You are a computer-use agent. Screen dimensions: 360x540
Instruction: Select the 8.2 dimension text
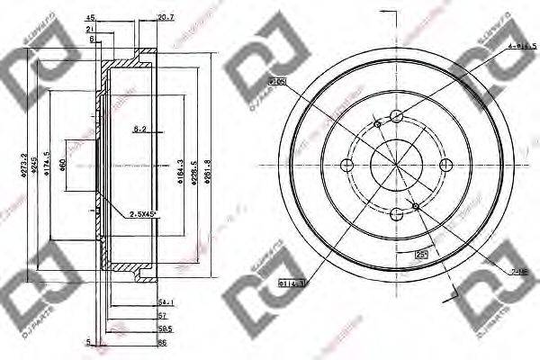[139, 130]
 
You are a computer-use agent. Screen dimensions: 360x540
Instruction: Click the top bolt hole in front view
[396, 115]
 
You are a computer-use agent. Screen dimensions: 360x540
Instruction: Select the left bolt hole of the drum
[346, 164]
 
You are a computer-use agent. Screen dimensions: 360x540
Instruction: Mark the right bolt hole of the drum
[445, 164]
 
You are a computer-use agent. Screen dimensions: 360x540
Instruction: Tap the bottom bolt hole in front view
[396, 213]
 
